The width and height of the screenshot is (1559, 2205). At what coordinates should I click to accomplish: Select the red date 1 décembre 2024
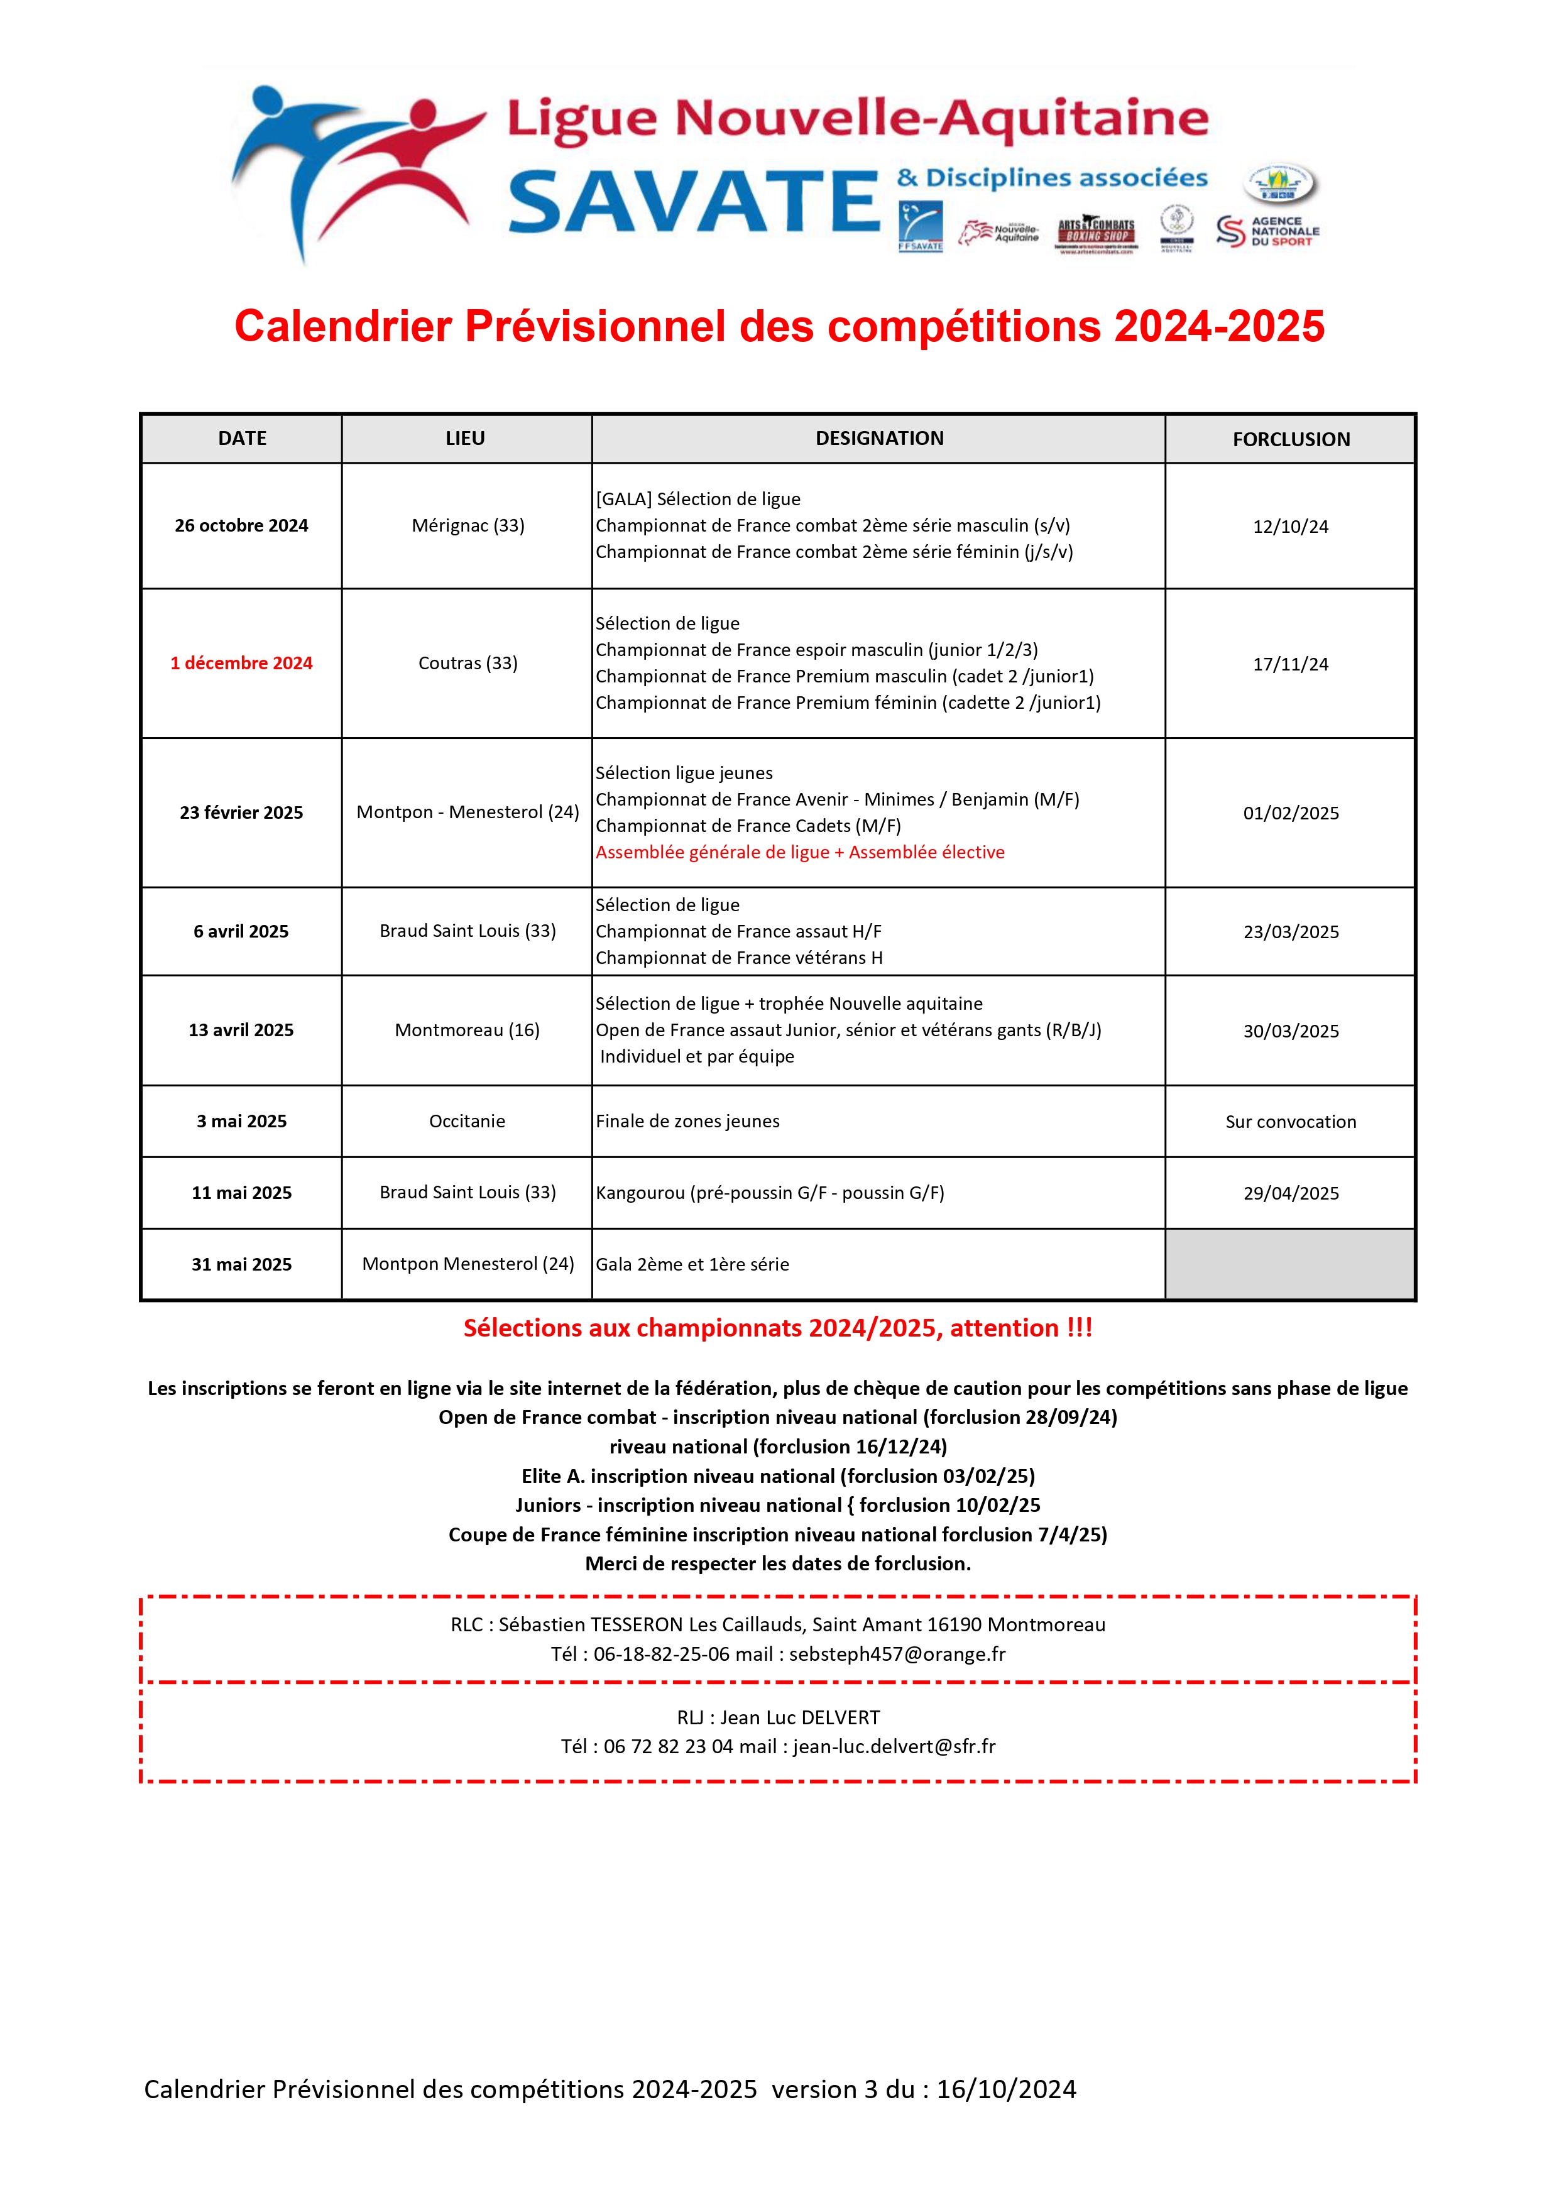tap(241, 663)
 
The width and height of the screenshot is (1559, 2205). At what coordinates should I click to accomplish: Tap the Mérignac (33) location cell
tap(468, 525)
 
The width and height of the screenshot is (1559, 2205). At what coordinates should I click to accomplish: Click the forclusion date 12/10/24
tap(1290, 527)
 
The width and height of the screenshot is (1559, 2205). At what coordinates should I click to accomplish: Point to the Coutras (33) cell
tap(468, 663)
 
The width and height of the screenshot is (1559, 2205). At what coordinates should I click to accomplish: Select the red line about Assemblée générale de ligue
tap(799, 852)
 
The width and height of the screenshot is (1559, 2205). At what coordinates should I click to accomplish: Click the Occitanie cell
tap(467, 1121)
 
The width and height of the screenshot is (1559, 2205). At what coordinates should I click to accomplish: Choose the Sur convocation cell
tap(1290, 1122)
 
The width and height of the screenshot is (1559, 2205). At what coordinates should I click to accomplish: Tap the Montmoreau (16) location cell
tap(467, 1029)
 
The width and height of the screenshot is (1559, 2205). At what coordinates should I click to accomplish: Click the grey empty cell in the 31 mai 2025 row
tap(1290, 1264)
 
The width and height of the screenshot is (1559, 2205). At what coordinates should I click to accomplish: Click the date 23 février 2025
tap(241, 813)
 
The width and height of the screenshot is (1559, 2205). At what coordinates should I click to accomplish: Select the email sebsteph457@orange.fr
tap(897, 1654)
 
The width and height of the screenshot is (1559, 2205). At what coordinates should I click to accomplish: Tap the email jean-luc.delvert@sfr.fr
tap(894, 1746)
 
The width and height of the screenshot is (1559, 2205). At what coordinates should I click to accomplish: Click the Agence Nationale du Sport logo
tap(1268, 231)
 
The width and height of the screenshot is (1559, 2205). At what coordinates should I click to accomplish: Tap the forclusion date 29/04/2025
tap(1290, 1193)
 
